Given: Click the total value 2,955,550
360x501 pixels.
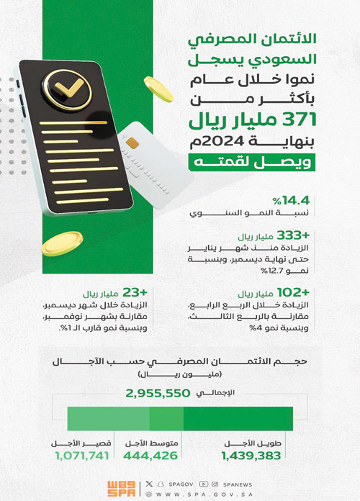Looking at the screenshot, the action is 158,394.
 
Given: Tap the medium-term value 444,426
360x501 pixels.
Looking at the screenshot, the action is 150,456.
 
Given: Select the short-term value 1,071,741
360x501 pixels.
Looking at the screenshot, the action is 81,456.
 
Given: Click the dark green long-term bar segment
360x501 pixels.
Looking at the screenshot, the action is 238,420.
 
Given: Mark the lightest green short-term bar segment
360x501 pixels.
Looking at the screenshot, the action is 108,420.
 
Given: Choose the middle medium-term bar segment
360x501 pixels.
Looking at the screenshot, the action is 166,420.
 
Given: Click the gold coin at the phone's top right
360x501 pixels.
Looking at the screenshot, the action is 159,87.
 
